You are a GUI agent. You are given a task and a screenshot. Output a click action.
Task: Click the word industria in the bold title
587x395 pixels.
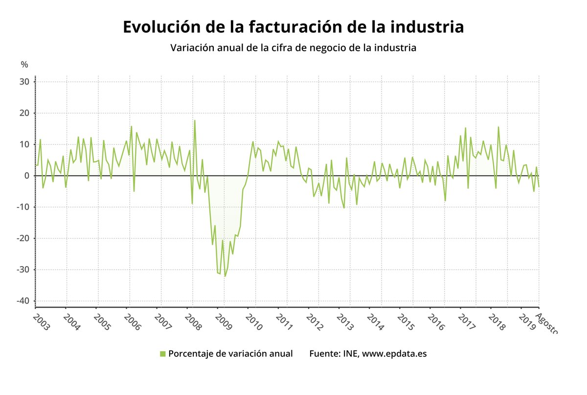[x=427, y=27]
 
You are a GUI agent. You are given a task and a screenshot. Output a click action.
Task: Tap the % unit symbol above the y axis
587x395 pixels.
[x=24, y=64]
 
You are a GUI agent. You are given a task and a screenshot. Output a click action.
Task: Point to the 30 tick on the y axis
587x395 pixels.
[x=25, y=82]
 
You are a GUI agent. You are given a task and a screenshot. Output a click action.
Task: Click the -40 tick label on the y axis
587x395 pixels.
[x=23, y=301]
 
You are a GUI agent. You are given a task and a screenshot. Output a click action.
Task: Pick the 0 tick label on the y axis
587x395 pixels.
[x=27, y=176]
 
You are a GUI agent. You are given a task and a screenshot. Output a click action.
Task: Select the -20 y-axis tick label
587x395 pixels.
[x=23, y=238]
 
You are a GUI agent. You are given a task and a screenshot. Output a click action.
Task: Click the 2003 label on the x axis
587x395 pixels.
[x=41, y=322]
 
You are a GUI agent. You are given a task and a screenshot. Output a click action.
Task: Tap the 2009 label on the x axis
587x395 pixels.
[x=224, y=322]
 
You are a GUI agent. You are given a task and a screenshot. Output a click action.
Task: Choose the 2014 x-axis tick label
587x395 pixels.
[x=375, y=322]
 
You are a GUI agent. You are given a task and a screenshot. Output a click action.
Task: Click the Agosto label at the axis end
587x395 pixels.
[x=546, y=325]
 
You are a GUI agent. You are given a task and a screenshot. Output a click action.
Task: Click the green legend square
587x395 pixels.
[x=163, y=353]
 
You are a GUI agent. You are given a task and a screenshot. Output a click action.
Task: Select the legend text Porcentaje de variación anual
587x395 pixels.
[x=230, y=353]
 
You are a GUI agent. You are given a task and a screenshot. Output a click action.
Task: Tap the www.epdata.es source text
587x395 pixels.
[x=395, y=353]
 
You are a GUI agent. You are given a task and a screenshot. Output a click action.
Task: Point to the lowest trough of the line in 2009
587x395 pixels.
[x=225, y=276]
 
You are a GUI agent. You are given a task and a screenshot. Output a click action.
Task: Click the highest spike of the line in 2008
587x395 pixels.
[x=195, y=121]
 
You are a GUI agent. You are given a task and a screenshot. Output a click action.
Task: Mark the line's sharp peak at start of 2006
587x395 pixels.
[x=131, y=126]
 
